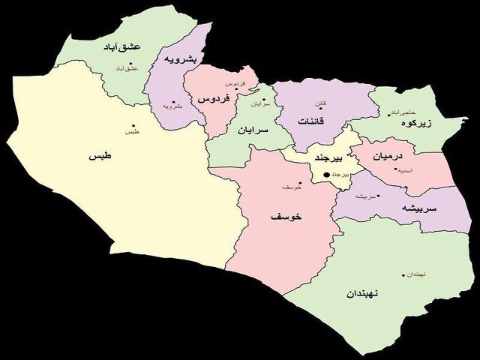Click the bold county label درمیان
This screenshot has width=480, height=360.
click(x=388, y=156)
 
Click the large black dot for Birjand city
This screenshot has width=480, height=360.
click(x=325, y=175)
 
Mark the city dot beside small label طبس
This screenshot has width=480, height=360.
click(x=133, y=125)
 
